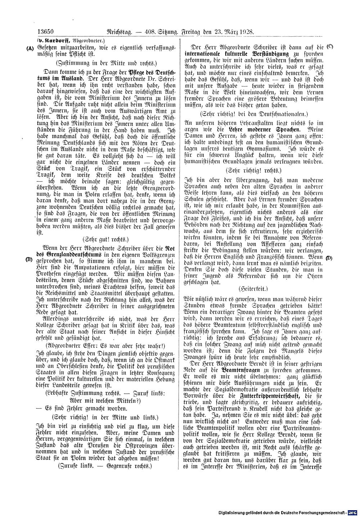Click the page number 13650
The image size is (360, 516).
[47, 32]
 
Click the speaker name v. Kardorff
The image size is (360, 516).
[54, 40]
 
